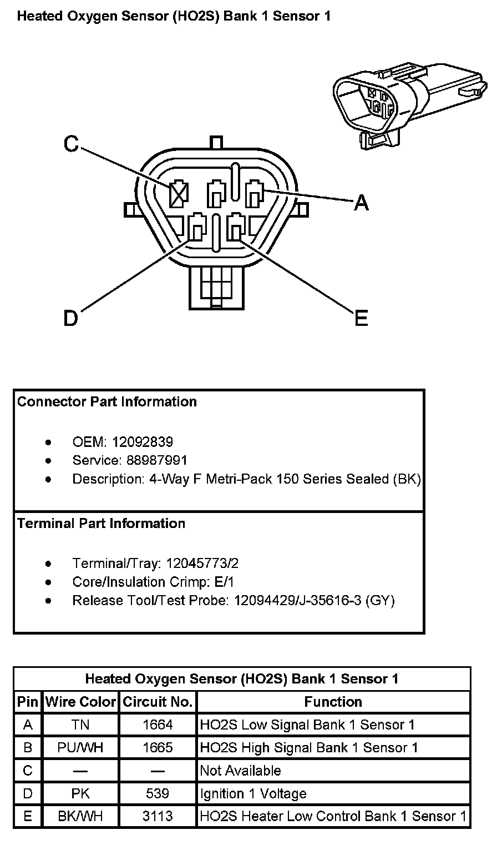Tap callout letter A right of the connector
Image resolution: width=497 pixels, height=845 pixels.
[361, 203]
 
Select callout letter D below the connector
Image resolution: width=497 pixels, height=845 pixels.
[71, 319]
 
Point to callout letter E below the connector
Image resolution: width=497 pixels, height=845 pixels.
[361, 319]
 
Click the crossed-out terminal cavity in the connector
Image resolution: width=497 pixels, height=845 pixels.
[178, 195]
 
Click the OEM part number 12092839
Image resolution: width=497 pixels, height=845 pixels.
[143, 442]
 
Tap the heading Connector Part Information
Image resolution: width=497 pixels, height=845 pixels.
[107, 401]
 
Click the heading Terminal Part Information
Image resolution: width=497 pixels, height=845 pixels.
[102, 523]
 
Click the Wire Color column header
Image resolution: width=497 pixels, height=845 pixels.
[80, 702]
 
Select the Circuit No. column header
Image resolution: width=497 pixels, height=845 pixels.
[158, 702]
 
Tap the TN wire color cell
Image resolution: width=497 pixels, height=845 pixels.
[80, 725]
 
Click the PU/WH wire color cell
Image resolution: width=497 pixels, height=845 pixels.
[80, 747]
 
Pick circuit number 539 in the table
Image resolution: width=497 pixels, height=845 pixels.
[158, 793]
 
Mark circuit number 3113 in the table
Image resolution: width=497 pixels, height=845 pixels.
[158, 816]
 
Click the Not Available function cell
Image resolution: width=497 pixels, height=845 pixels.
[241, 771]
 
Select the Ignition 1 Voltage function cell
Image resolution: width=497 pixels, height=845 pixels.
[253, 793]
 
